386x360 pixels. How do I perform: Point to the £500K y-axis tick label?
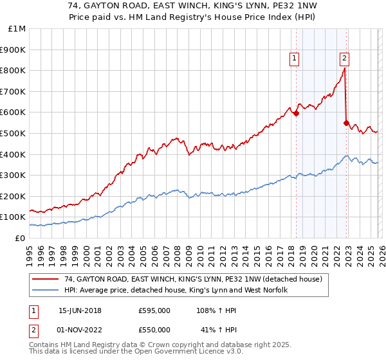14,134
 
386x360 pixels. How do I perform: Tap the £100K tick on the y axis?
14,217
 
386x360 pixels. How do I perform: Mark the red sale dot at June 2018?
296,114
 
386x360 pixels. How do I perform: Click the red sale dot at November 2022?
346,123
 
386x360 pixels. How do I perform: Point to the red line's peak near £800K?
344,69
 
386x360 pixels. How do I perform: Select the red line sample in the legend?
46,280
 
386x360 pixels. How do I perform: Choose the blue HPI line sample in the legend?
46,291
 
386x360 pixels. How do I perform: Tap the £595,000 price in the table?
154,310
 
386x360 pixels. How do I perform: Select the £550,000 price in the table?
154,329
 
